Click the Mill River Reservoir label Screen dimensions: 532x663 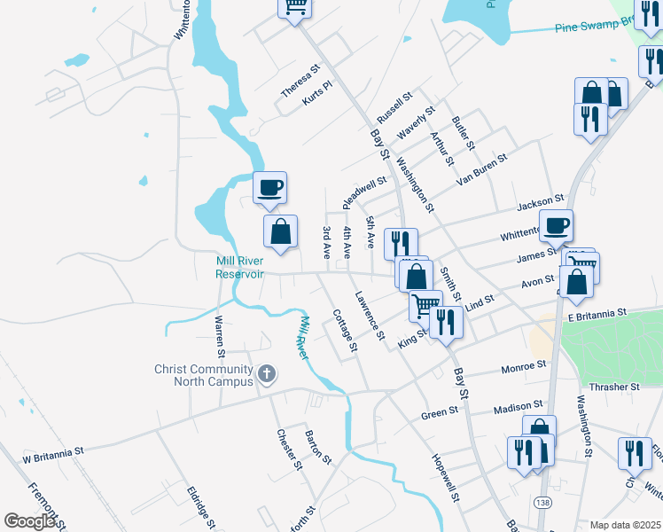point(239,267)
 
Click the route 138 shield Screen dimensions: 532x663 point(541,502)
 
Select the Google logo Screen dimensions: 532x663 point(29,521)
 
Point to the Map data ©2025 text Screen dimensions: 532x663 point(625,525)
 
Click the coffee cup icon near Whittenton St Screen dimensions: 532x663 point(556,226)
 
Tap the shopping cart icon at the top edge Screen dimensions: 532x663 point(296,7)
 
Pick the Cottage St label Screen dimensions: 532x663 point(344,330)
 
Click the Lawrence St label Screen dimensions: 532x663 point(370,316)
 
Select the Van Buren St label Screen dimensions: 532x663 point(481,169)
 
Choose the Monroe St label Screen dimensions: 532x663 point(524,365)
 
